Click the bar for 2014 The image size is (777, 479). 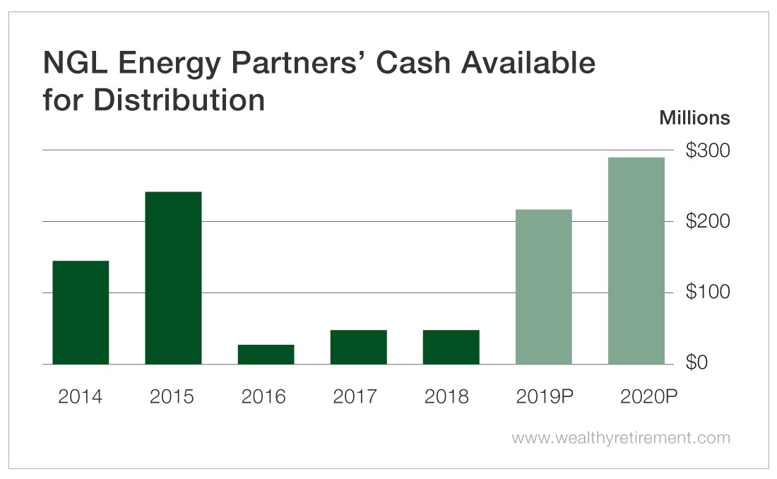81,312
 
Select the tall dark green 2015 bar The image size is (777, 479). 173,278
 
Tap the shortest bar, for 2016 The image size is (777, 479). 266,354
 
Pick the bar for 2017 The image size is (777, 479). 358,347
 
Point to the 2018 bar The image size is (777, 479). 451,347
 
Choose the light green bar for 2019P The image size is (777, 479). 543,287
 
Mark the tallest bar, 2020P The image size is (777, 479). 636,261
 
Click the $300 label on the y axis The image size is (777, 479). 708,151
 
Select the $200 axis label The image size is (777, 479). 708,222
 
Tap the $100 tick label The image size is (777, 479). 708,292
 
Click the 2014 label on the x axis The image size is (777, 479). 80,397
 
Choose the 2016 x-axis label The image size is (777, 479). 263,397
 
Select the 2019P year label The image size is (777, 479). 544,397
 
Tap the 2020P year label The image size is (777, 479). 638,397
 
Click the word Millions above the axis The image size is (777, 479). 694,118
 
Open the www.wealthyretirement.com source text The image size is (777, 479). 621,438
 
